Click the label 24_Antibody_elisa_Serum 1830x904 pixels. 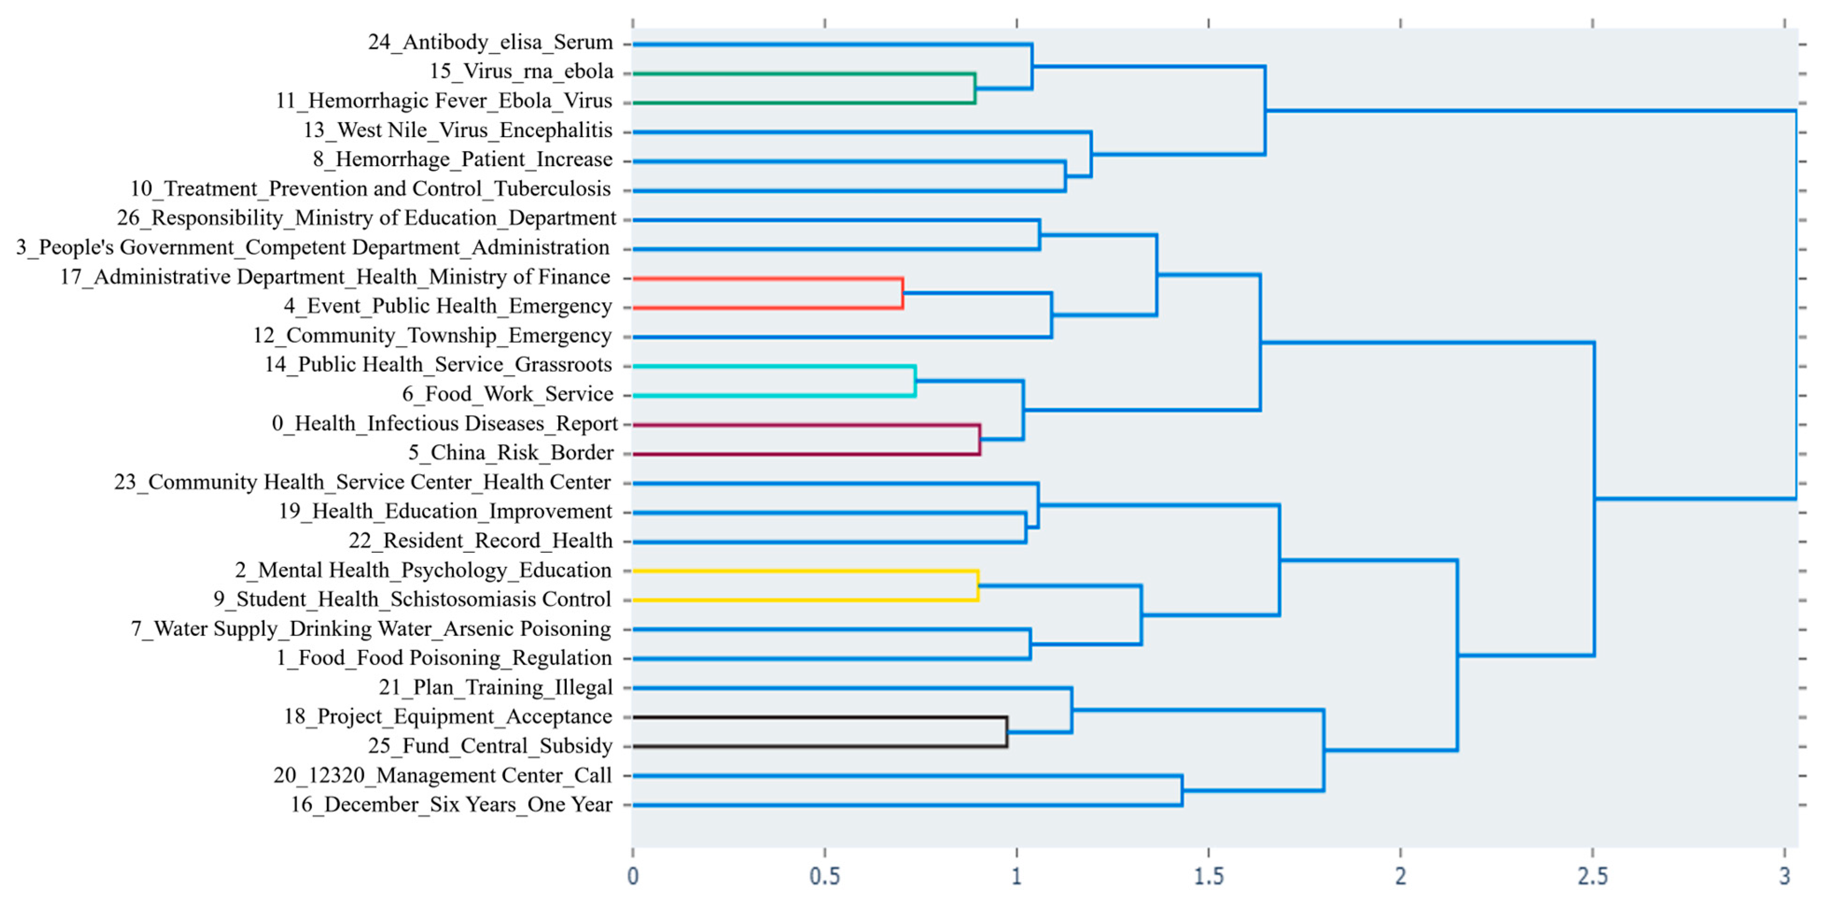490,42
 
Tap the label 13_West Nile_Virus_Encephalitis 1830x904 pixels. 458,131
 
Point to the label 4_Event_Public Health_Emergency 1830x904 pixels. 447,306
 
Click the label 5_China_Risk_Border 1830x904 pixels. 511,452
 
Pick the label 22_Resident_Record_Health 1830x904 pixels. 480,541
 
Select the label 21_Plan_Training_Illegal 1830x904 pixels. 495,688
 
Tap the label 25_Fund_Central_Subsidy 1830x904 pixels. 490,746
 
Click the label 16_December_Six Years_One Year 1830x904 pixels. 451,805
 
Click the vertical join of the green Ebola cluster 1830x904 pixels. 974,88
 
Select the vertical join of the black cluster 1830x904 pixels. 1007,732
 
